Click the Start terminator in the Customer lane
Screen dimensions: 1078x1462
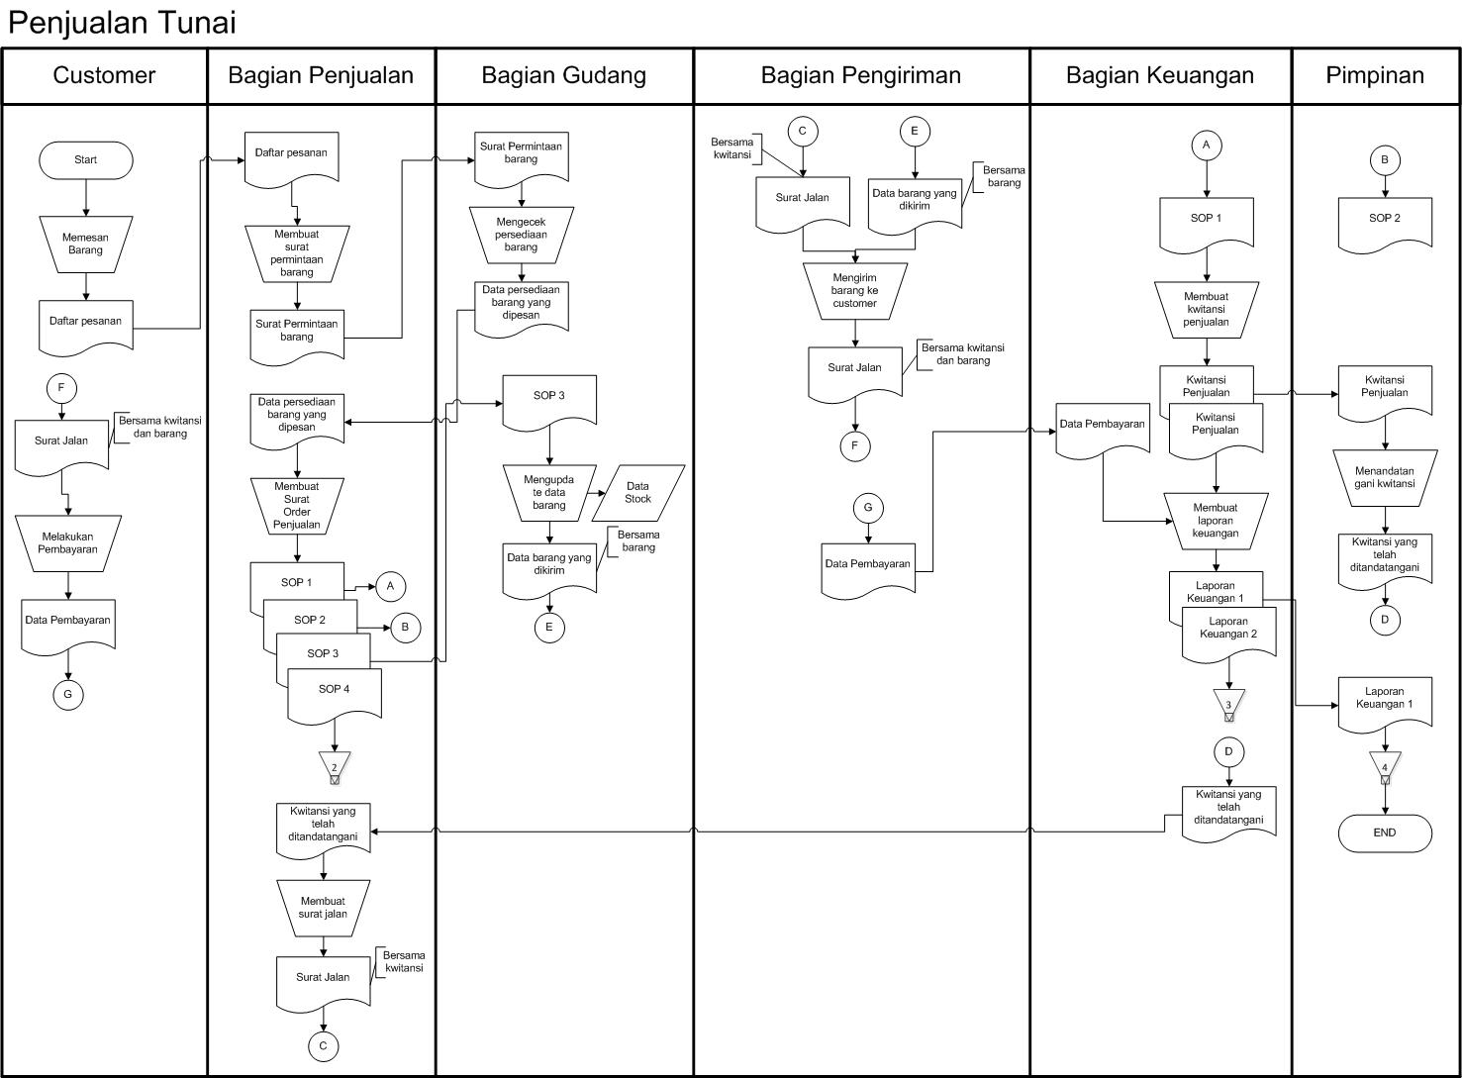coord(86,160)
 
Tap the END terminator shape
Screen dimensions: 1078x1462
coord(1384,833)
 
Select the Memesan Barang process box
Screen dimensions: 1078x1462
coord(86,244)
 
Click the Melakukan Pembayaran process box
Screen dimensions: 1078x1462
coord(68,542)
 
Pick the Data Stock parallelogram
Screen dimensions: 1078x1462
coord(637,493)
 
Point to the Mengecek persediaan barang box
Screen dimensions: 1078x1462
coord(521,235)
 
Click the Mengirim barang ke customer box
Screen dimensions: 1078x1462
coord(854,291)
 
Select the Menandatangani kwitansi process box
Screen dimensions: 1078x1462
coord(1384,478)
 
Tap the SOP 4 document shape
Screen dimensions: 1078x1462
coord(335,693)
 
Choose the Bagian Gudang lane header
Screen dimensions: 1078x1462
coord(564,75)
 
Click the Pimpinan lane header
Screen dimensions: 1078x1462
coord(1375,75)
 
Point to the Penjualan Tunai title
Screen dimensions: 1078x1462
coord(123,23)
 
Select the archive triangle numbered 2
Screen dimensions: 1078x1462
coord(335,766)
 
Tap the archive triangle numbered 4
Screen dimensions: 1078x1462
coord(1384,766)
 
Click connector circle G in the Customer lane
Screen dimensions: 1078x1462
coord(68,694)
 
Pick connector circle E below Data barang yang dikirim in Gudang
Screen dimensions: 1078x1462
coord(549,627)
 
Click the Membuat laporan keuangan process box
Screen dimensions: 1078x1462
coord(1216,521)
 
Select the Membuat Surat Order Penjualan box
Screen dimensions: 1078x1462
coord(297,506)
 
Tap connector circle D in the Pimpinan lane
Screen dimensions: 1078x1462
coord(1384,620)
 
